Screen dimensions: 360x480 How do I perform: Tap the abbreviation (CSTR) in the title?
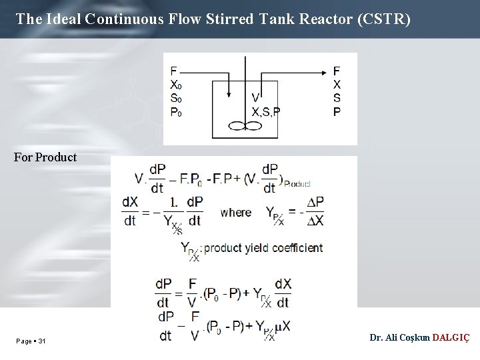coord(384,19)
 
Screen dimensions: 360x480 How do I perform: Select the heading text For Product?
coord(45,157)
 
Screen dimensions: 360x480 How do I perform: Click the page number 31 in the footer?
coord(42,341)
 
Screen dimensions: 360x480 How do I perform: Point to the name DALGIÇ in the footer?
coord(451,337)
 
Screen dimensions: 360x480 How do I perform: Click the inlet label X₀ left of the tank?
coord(175,85)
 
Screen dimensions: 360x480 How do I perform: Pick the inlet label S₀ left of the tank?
coord(175,99)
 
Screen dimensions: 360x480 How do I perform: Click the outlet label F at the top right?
coord(337,71)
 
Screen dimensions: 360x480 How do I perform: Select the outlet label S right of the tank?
coord(337,99)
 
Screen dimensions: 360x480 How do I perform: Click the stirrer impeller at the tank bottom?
coord(245,125)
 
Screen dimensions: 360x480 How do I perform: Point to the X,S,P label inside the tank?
coord(265,112)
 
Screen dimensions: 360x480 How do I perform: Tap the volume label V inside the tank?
coord(256,98)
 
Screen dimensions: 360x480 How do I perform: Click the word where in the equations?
coord(235,212)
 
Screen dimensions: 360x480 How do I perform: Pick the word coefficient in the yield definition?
coord(293,248)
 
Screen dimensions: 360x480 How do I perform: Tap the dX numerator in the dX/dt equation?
coord(130,201)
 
